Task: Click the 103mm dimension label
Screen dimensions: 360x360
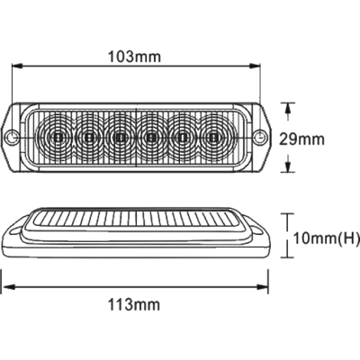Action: tap(134, 57)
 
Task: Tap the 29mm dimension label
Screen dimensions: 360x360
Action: tap(302, 139)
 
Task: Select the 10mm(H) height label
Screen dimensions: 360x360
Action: tap(326, 238)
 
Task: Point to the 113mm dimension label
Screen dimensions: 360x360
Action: tap(134, 305)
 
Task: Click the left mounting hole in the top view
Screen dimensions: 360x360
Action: tap(12, 138)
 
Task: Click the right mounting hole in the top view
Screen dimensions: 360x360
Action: tap(259, 138)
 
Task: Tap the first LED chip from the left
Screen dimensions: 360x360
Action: tap(58, 138)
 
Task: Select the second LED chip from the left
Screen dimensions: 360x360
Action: tap(89, 138)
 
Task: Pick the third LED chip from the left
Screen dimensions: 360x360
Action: tap(120, 138)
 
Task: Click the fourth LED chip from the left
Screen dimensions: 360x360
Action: tap(151, 138)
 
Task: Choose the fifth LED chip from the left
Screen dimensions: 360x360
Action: tap(182, 138)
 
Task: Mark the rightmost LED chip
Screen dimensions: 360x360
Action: tap(213, 138)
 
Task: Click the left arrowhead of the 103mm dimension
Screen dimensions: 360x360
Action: tap(17, 67)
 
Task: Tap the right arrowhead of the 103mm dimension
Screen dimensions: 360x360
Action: tap(254, 67)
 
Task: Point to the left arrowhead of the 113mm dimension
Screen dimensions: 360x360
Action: tap(8, 287)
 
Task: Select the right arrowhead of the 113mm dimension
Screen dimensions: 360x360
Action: tap(262, 287)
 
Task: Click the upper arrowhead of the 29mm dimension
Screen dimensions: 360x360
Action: tap(288, 108)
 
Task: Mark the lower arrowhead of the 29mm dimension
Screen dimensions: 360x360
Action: tap(288, 167)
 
